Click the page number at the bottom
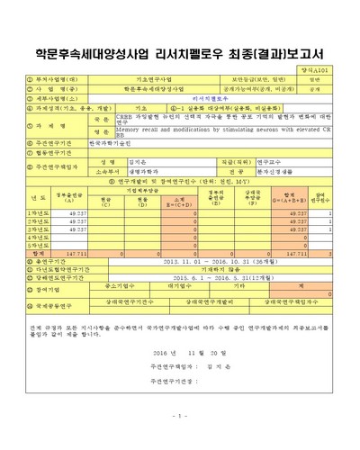179,415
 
